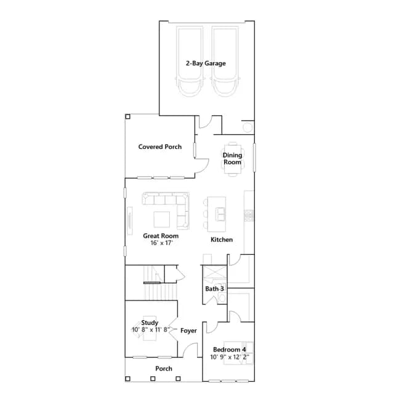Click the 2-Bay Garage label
206,63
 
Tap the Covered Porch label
160,147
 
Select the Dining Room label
233,159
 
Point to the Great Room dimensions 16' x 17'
161,243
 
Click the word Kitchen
222,239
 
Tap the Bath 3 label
214,289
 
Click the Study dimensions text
151,329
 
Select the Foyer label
188,331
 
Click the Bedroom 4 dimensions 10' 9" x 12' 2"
230,357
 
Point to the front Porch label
164,369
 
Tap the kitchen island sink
220,214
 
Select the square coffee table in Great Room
161,219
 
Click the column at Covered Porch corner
127,116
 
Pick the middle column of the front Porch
153,379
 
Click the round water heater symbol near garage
247,127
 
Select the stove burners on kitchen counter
249,215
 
